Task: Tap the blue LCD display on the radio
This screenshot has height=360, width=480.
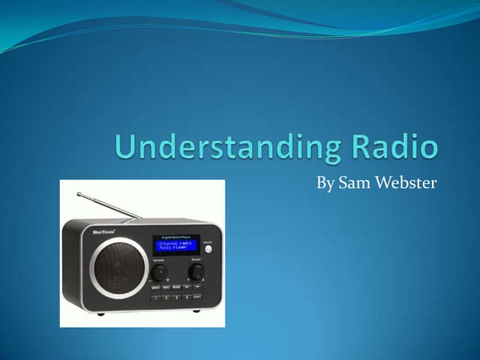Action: [x=175, y=245]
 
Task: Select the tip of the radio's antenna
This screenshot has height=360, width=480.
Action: [x=79, y=193]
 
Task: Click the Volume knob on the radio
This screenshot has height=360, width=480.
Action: [x=159, y=272]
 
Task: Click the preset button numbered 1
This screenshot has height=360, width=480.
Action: [x=155, y=297]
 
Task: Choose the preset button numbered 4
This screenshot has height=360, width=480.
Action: [x=187, y=297]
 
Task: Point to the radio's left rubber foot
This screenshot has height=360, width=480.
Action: [x=100, y=313]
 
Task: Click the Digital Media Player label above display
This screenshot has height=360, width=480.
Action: [x=176, y=236]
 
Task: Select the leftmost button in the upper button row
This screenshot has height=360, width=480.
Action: [x=155, y=287]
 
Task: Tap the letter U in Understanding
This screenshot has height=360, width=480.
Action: [x=125, y=147]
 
